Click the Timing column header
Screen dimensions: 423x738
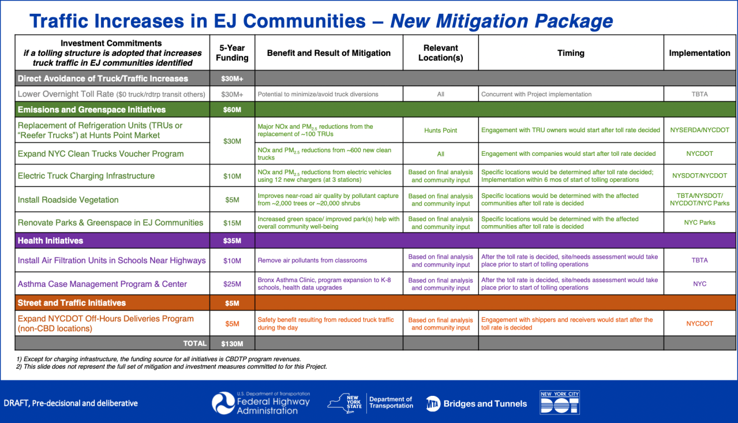click(571, 53)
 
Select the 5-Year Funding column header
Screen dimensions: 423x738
click(232, 53)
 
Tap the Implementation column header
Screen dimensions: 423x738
click(699, 53)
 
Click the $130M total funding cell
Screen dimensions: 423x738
click(232, 343)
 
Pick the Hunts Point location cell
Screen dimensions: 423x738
click(440, 130)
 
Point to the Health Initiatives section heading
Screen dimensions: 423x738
click(51, 241)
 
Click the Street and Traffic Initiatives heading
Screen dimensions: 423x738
click(72, 303)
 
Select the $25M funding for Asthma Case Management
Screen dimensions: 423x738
click(232, 284)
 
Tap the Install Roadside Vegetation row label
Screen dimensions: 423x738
click(68, 200)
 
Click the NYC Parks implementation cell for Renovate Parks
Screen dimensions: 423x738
click(699, 222)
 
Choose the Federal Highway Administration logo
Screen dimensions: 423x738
click(261, 403)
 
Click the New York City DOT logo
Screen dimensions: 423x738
click(559, 402)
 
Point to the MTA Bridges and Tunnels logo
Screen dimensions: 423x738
click(477, 403)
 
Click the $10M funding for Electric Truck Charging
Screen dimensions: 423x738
click(232, 175)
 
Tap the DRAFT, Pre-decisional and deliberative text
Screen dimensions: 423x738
click(71, 403)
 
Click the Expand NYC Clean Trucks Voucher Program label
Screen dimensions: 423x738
click(101, 154)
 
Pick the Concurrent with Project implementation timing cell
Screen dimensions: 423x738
click(536, 94)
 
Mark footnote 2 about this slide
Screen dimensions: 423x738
click(172, 366)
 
